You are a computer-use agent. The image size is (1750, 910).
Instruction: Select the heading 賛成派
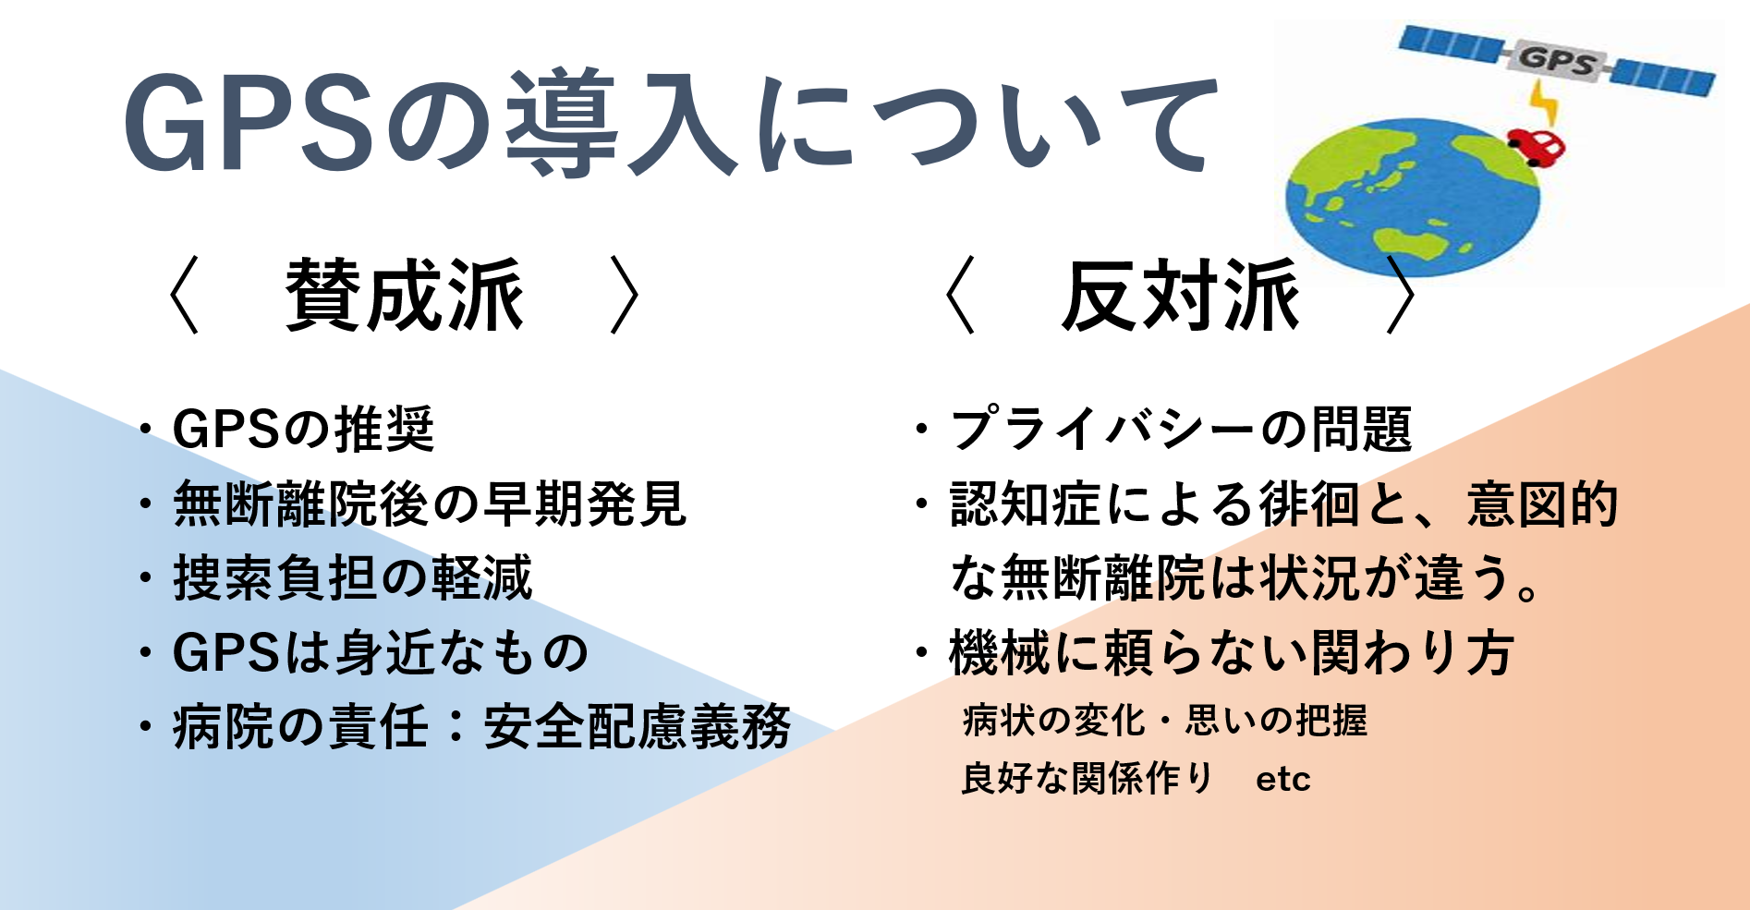[405, 296]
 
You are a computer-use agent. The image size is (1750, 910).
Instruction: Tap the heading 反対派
[1181, 296]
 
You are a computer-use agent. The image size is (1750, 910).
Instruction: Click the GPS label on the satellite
[1557, 61]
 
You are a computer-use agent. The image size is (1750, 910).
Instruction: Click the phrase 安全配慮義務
[638, 727]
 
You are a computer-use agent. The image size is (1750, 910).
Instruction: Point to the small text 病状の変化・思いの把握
[1165, 721]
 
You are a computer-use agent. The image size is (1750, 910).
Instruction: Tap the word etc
[1283, 779]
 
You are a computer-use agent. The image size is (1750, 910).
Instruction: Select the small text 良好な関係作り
[1087, 778]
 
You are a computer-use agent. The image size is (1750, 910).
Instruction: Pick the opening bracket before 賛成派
[185, 296]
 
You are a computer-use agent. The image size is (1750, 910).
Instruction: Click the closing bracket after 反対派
[1402, 296]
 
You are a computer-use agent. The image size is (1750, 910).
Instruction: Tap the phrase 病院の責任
[300, 727]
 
